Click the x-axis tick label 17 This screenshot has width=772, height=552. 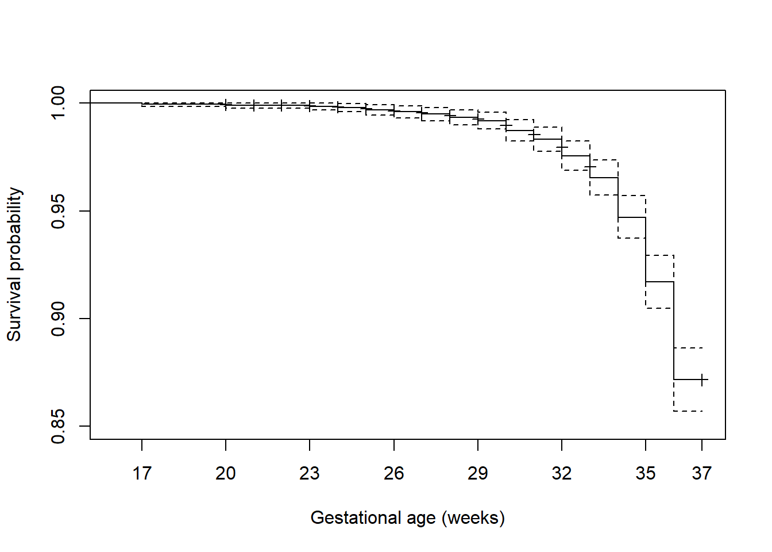pos(142,473)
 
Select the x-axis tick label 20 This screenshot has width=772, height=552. pos(226,473)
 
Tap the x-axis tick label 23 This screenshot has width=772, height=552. pos(310,473)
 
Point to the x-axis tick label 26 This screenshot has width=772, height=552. pos(394,473)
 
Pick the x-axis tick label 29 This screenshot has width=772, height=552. pos(478,473)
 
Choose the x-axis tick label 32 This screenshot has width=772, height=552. pos(562,473)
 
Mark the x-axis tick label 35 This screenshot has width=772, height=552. pos(646,473)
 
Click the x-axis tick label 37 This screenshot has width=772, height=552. pos(702,473)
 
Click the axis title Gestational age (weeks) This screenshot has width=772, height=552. pos(407,517)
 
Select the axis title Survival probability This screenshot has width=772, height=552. pos(14,264)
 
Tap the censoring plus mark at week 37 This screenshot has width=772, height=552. pos(702,379)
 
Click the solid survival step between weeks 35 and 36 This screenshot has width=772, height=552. pos(659,282)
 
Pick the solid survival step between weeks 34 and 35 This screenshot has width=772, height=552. pos(632,217)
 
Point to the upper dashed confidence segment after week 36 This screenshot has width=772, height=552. pos(688,348)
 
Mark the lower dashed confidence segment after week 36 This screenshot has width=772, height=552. pos(688,411)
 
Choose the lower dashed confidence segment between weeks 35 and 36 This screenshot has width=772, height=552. pos(659,308)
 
